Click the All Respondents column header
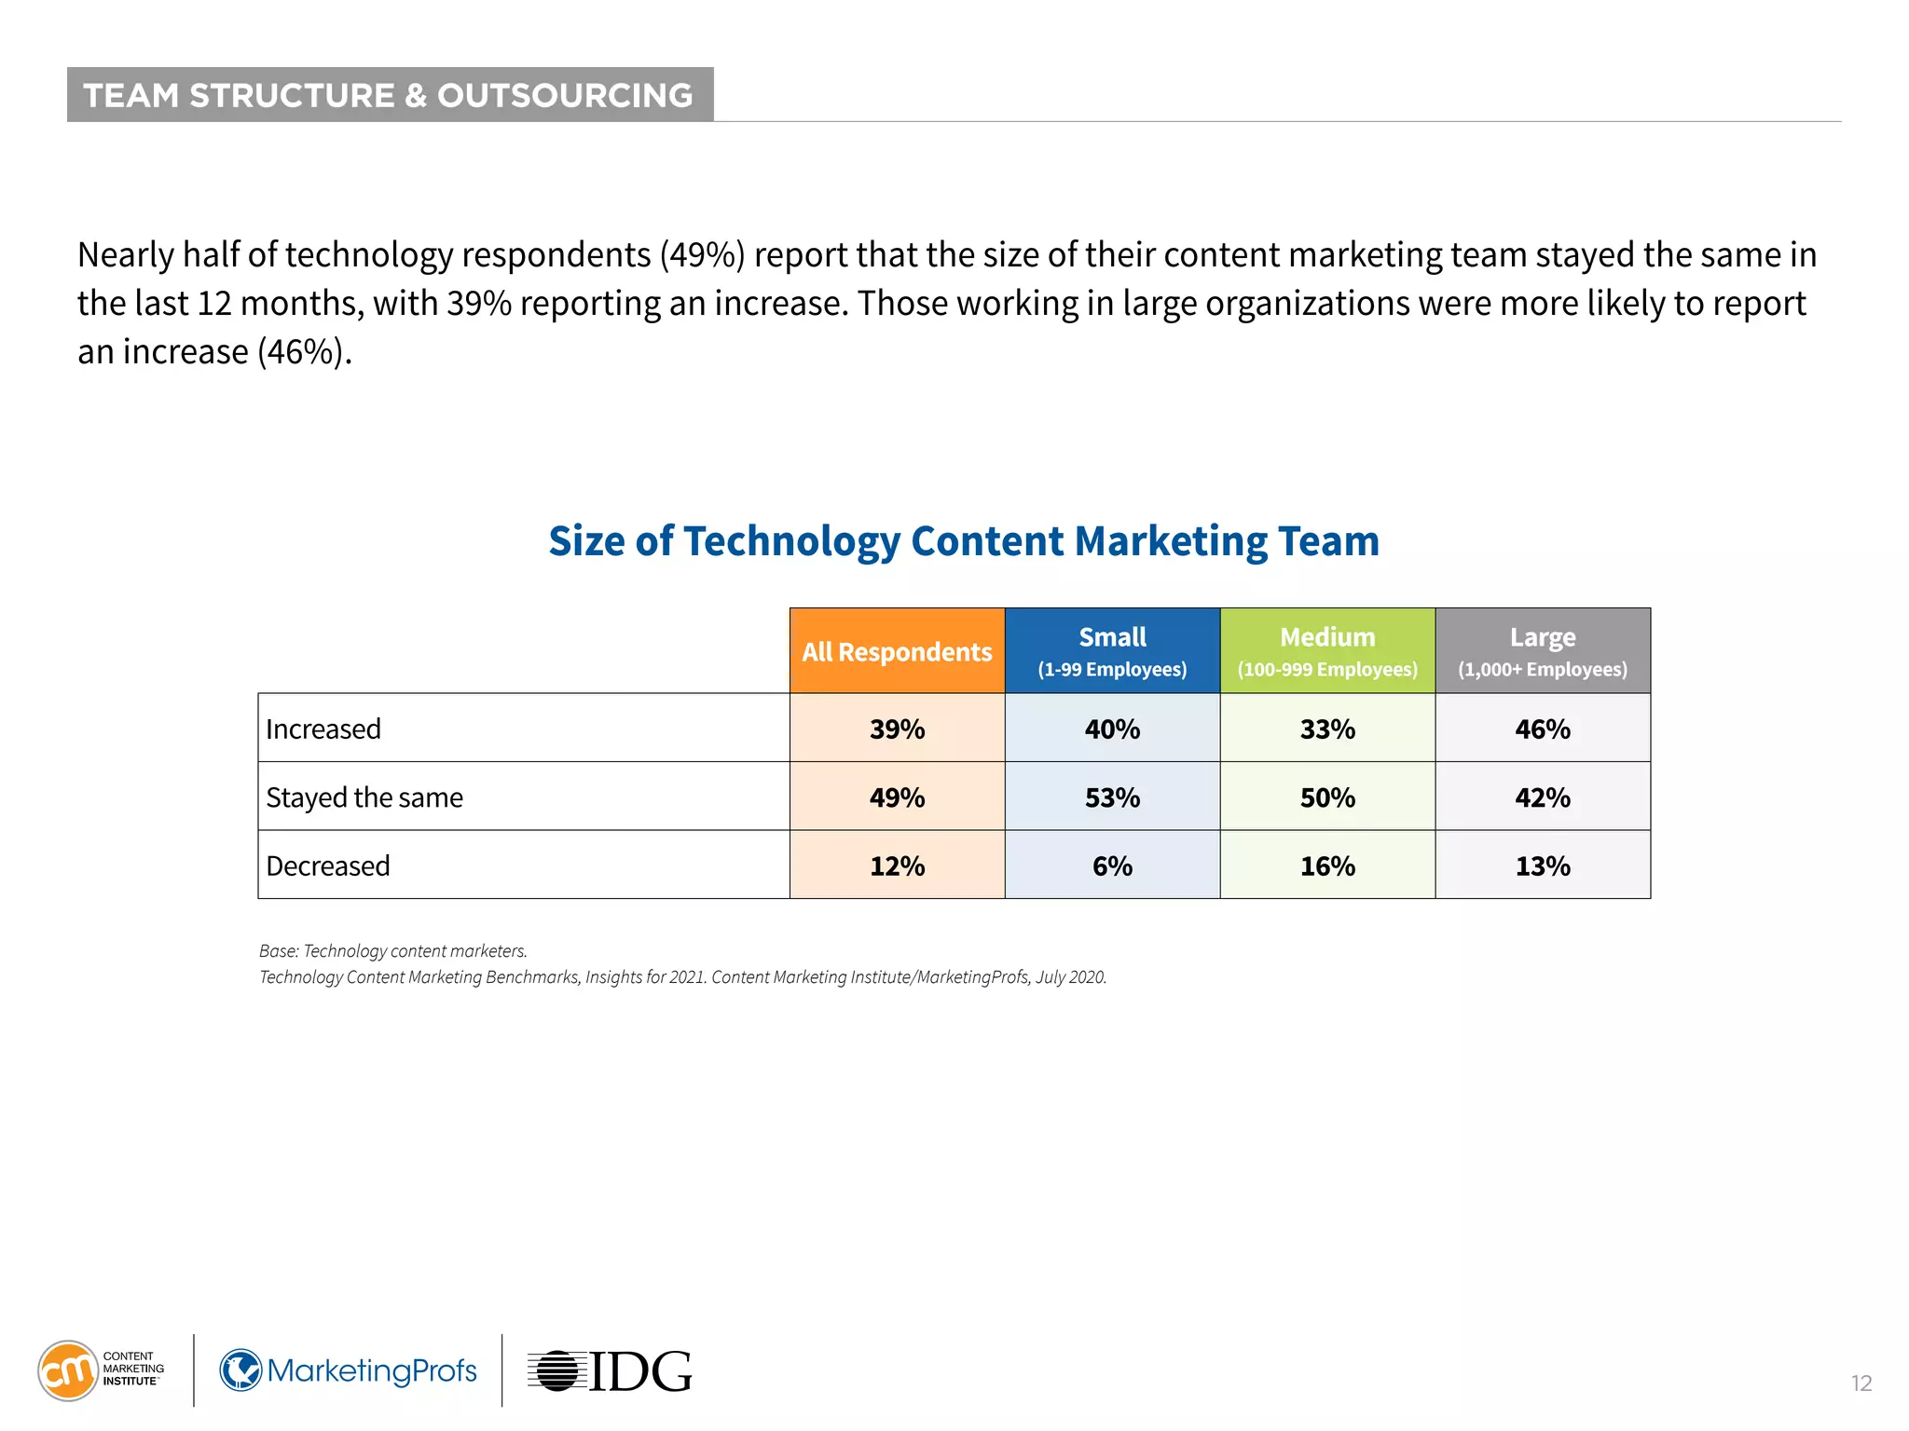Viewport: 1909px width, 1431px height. pos(897,651)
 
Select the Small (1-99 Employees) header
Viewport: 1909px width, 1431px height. pos(1112,651)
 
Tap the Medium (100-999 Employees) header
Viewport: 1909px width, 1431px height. pos(1327,651)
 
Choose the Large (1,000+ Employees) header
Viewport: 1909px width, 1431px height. pos(1543,651)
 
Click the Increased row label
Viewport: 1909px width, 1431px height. pos(323,729)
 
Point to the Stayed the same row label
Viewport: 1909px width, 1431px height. pos(364,797)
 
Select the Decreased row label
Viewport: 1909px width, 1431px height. pos(328,865)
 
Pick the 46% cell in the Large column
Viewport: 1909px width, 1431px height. pos(1543,729)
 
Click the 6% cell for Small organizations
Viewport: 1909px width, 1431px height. pos(1112,865)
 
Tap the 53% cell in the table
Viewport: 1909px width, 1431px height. pos(1112,797)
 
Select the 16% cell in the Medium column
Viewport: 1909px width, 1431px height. pos(1327,865)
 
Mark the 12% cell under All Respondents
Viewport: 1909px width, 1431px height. pos(897,865)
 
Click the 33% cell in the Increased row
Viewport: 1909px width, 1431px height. pos(1327,729)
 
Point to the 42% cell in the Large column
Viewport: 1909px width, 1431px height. pos(1543,797)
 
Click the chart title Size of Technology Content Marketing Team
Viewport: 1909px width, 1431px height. pos(964,541)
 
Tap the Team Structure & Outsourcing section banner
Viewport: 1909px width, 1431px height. pos(390,95)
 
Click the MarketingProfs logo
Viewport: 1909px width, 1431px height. pos(349,1370)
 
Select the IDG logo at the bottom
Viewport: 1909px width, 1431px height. pos(611,1371)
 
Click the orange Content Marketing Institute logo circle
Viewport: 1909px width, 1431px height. pos(67,1370)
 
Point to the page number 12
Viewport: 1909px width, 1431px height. pos(1861,1383)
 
